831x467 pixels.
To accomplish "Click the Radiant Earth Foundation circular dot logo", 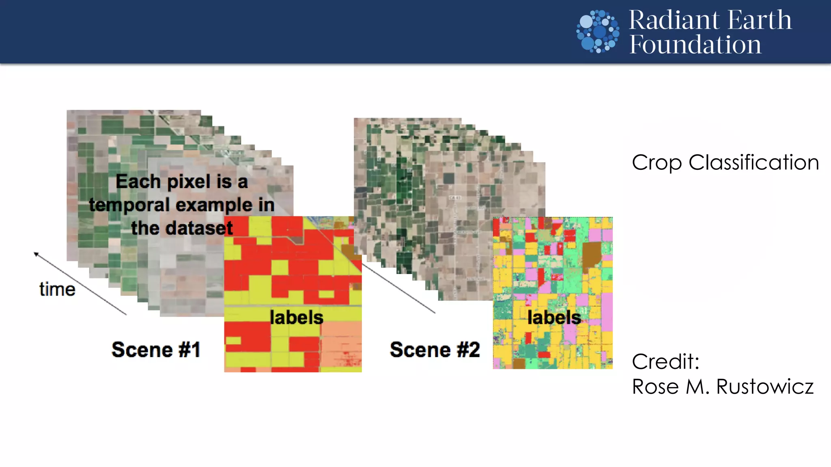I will click(598, 32).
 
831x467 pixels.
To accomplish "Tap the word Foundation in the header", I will click(695, 45).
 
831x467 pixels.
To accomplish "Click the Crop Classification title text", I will click(725, 163).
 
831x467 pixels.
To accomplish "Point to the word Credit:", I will click(665, 361).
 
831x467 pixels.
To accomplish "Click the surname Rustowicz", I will click(764, 386).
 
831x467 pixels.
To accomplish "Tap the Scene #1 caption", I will click(156, 349).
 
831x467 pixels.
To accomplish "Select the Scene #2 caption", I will click(435, 349).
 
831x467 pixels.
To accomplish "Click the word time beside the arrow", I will click(57, 289).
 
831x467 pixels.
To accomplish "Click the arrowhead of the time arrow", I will click(36, 254).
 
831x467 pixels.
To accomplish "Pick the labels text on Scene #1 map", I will click(297, 317).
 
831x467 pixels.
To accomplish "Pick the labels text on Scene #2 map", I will click(554, 317).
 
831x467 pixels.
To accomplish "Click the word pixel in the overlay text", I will click(190, 182).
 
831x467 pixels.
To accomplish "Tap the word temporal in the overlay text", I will click(130, 205).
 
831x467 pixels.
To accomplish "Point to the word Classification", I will click(753, 163).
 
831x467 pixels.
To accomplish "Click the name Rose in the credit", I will click(656, 386).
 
